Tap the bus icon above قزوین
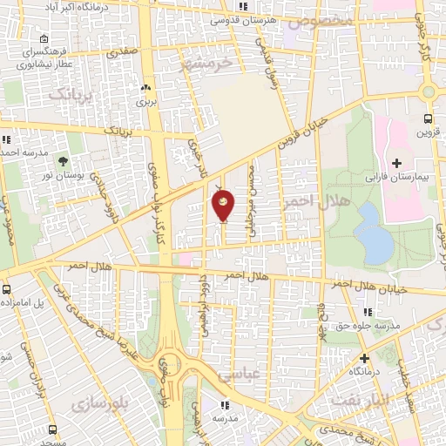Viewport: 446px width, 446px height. coord(428,119)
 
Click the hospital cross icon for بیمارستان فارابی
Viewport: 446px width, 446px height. coord(397,163)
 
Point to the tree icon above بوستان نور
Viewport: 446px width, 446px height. coord(62,161)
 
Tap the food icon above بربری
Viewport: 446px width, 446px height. coord(145,87)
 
